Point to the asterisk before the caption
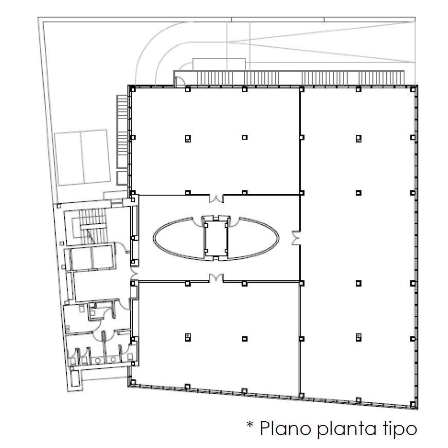250,425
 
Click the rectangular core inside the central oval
216,237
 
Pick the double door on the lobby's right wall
296,238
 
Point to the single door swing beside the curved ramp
180,80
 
